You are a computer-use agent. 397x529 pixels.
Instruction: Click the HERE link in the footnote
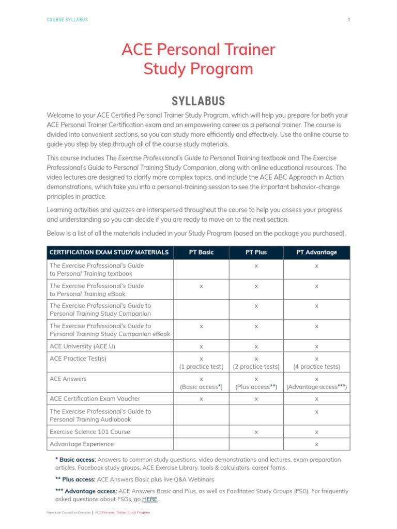(150, 500)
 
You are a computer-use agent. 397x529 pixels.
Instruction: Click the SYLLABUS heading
(198, 101)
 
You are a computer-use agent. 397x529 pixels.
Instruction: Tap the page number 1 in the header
(349, 20)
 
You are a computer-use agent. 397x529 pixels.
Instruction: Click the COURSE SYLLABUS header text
(67, 20)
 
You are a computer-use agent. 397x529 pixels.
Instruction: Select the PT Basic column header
(201, 252)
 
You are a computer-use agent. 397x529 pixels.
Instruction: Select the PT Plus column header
(256, 252)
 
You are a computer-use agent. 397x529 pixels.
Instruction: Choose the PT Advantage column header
(316, 252)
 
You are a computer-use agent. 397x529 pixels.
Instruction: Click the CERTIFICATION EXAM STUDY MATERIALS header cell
(109, 252)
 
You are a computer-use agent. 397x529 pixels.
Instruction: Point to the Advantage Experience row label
(82, 444)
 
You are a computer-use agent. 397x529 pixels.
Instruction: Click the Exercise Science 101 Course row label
(89, 431)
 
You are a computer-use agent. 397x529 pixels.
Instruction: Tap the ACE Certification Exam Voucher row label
(95, 398)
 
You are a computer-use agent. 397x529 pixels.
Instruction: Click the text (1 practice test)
(201, 367)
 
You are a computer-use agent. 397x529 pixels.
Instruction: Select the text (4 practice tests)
(316, 367)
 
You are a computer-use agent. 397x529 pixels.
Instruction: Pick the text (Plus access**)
(256, 387)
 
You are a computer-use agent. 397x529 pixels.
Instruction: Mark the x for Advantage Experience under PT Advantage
(316, 444)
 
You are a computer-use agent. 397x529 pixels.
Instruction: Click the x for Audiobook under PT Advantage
(316, 412)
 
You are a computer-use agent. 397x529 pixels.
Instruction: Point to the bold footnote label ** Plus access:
(75, 479)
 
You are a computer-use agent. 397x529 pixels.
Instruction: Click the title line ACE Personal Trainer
(198, 50)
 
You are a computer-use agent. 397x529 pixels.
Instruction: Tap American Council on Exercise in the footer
(68, 512)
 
